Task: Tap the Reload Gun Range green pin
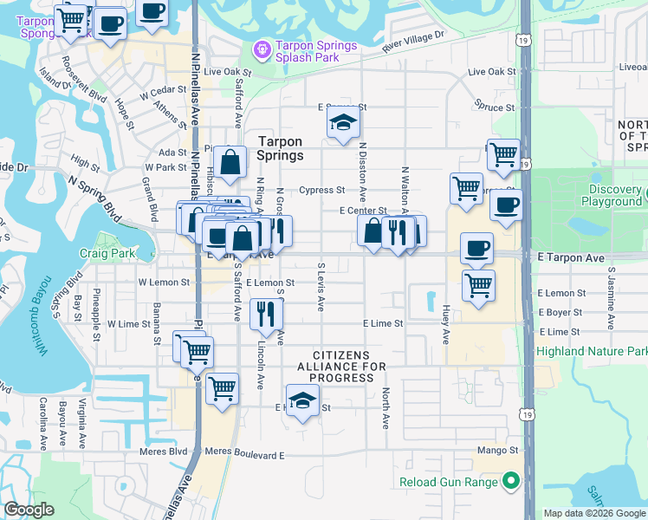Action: (511, 482)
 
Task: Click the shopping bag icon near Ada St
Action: (230, 162)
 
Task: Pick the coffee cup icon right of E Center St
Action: (506, 206)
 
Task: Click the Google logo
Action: (29, 509)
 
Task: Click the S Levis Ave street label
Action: (321, 287)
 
